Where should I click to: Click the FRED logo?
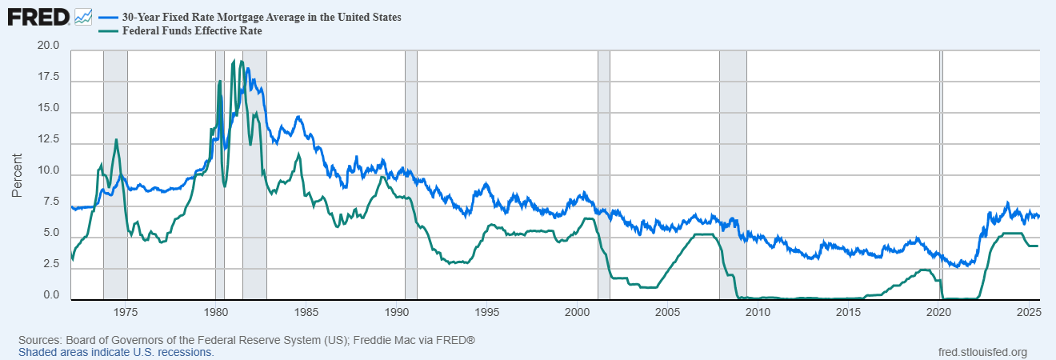(38, 16)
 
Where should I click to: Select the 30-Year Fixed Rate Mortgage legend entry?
(261, 17)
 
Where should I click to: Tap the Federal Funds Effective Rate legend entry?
(191, 31)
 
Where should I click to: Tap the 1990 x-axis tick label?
(398, 310)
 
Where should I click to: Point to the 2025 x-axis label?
(1027, 310)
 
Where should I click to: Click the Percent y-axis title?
(17, 175)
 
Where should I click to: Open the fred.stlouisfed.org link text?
(982, 352)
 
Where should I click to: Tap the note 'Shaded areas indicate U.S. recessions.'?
(116, 352)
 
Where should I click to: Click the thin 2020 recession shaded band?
(941, 160)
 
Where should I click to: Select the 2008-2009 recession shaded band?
(733, 160)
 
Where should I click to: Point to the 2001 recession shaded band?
(604, 160)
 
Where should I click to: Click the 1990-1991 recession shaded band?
(411, 160)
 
